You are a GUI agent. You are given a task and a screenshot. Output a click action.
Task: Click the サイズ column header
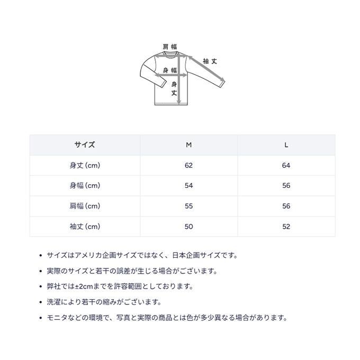click(x=85, y=145)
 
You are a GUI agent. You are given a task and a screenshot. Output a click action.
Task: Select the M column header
click(x=188, y=145)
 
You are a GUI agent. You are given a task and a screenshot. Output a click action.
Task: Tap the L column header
click(x=286, y=145)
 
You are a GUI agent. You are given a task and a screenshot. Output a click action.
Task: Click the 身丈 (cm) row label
click(x=85, y=165)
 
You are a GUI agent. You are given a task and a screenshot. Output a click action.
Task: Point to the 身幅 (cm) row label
click(x=85, y=186)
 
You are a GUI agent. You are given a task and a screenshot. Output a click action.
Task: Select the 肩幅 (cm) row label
click(x=85, y=206)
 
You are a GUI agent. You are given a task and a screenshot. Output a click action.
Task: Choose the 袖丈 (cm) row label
click(x=85, y=227)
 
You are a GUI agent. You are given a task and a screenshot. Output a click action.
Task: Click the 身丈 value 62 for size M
click(x=188, y=165)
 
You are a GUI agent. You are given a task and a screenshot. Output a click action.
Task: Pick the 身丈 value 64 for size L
click(x=286, y=165)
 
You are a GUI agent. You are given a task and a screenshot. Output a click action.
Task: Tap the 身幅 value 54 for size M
click(x=188, y=186)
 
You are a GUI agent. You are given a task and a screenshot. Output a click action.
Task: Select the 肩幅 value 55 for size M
click(x=188, y=206)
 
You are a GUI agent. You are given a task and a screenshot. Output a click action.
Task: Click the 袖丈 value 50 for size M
click(x=188, y=227)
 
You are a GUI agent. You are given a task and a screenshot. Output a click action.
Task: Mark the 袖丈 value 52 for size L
click(x=286, y=227)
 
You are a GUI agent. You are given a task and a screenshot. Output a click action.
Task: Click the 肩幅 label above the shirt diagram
click(x=169, y=47)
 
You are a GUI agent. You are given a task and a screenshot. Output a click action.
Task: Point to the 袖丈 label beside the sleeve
click(x=210, y=61)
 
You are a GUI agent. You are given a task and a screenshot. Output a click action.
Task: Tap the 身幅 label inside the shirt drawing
click(x=169, y=71)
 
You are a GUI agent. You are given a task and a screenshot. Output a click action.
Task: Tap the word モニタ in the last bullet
click(x=57, y=318)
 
